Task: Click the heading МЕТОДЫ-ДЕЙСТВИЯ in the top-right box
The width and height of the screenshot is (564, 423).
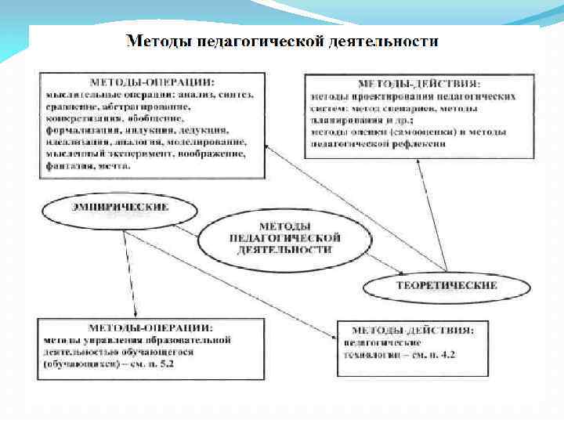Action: [419, 81]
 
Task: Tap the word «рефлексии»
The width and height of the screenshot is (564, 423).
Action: [418, 145]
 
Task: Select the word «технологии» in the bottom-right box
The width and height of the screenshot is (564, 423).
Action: [374, 355]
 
